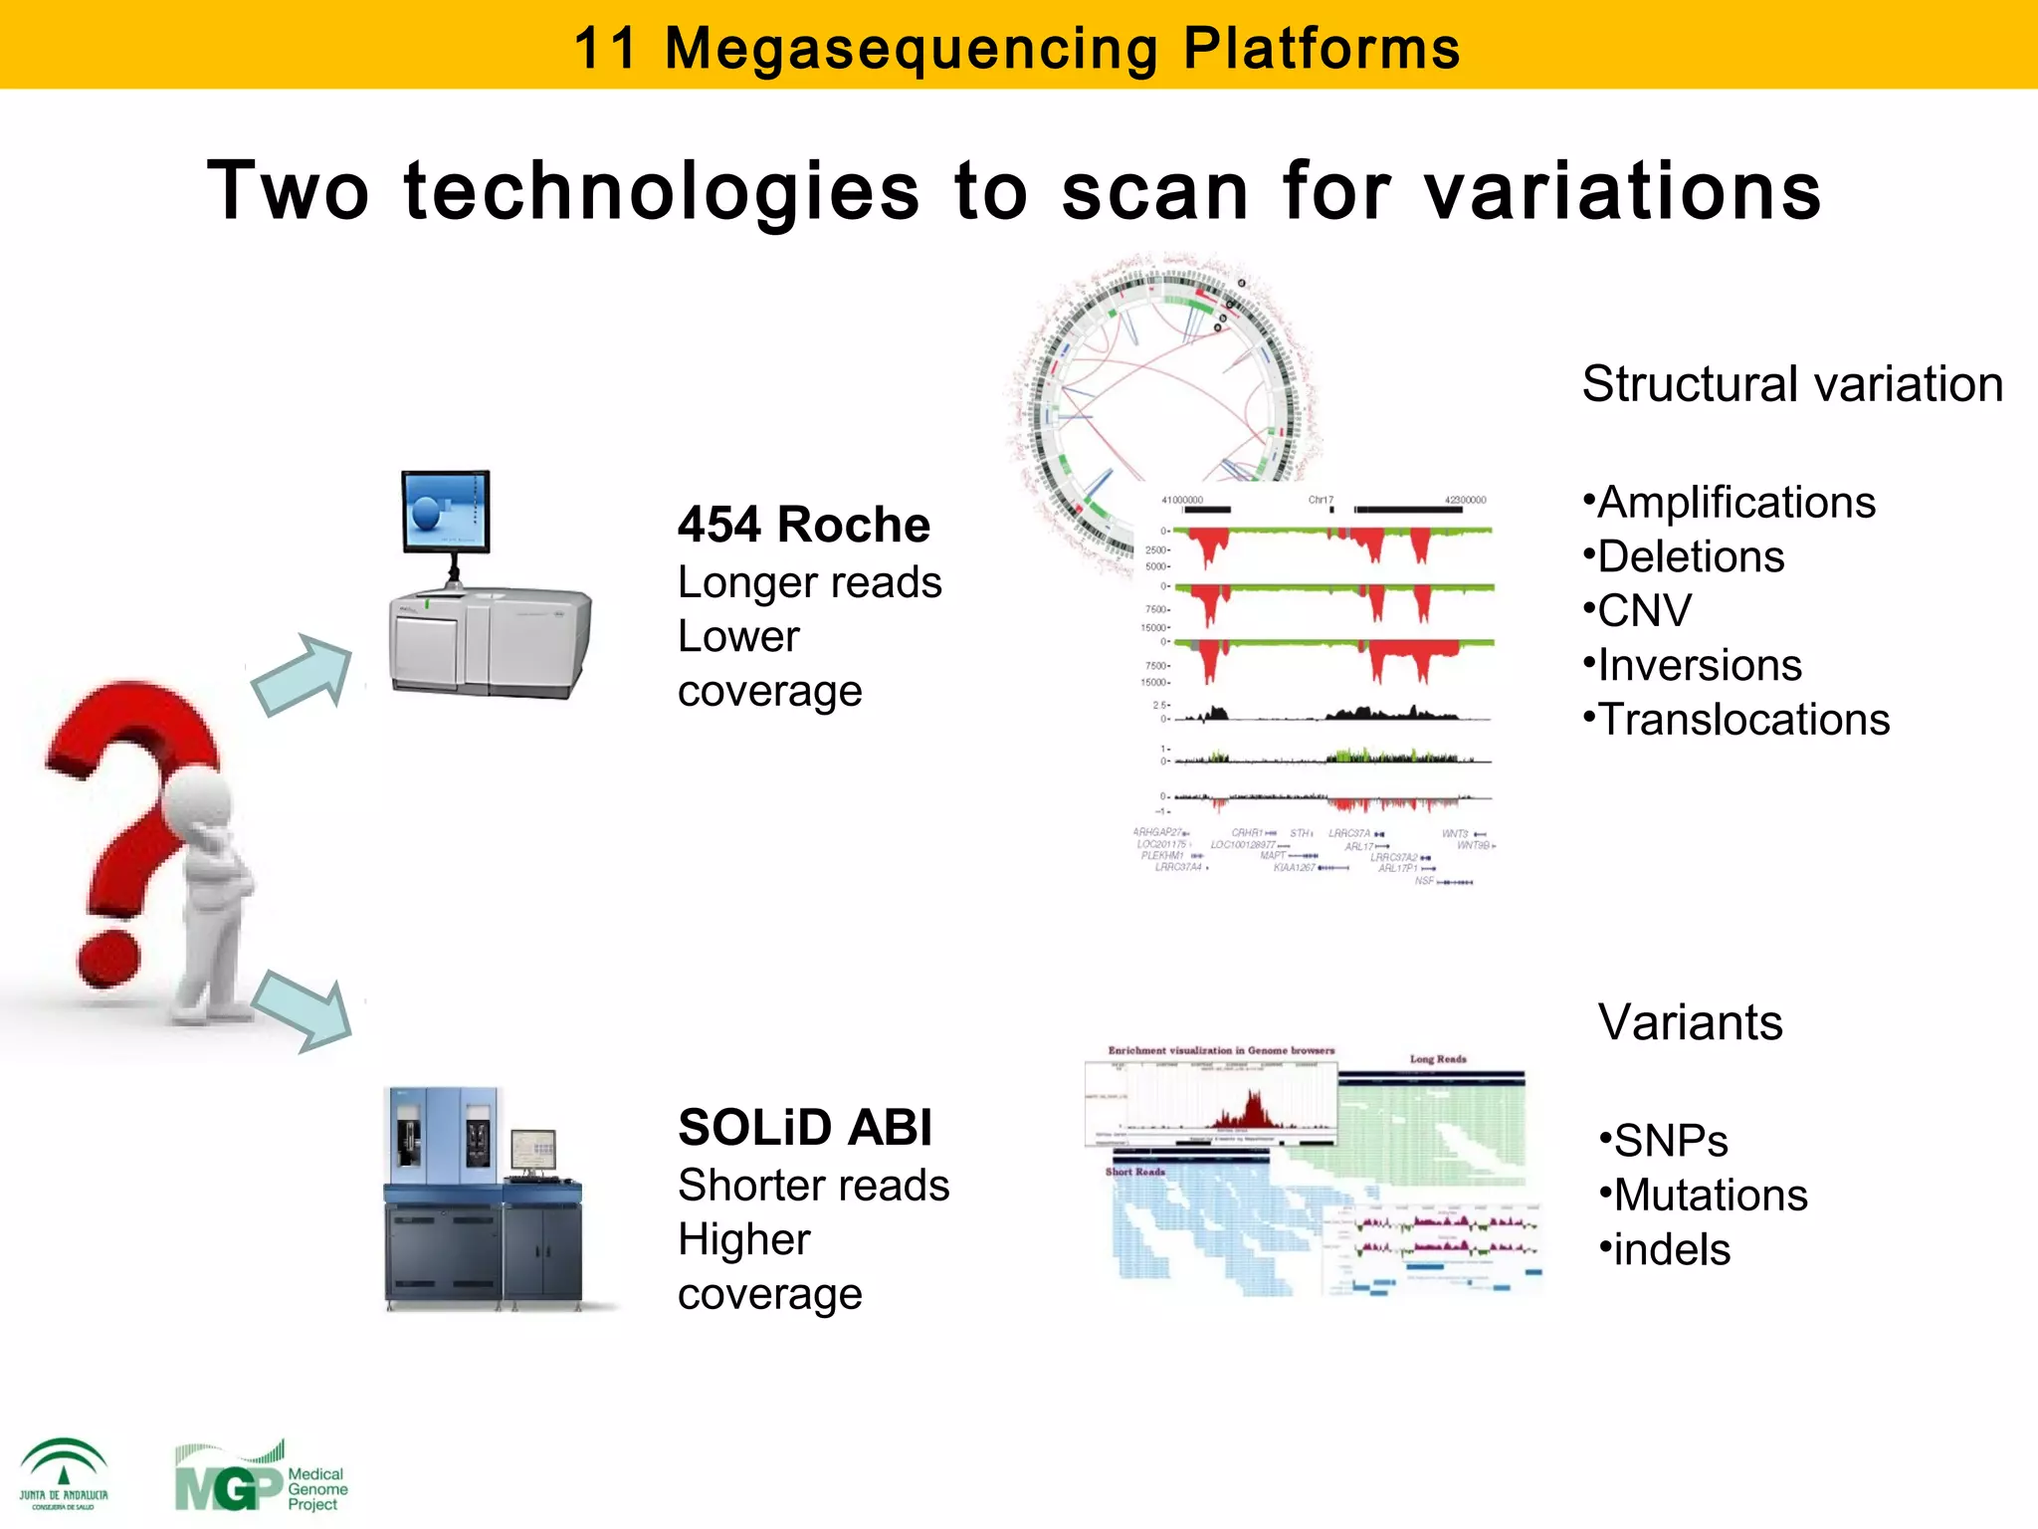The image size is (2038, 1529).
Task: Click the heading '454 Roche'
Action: (x=803, y=525)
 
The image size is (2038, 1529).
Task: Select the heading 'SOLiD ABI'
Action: (x=804, y=1128)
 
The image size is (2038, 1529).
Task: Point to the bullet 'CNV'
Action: (x=1643, y=610)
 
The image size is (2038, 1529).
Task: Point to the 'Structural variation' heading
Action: (x=1792, y=384)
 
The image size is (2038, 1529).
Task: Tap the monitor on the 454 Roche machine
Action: (x=446, y=512)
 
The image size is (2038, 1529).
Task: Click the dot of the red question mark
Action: (x=108, y=958)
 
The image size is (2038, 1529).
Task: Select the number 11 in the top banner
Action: (x=604, y=47)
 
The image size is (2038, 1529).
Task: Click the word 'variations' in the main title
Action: (x=1622, y=191)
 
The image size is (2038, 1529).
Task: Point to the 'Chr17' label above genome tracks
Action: (x=1321, y=500)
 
